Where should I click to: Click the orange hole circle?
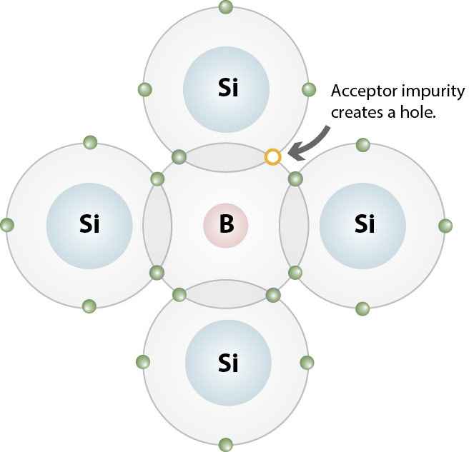(x=272, y=156)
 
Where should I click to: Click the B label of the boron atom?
(x=226, y=225)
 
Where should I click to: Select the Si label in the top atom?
(x=226, y=89)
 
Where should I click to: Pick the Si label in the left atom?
(x=89, y=225)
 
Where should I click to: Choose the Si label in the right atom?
(x=363, y=225)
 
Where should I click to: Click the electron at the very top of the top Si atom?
(x=226, y=8)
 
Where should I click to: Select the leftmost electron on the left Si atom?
(x=8, y=225)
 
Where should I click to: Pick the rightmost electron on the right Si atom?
(x=445, y=226)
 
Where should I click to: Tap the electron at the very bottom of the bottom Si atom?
(x=226, y=443)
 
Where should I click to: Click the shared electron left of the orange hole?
(x=179, y=156)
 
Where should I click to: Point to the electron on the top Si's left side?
(x=144, y=90)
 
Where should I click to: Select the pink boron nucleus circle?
(x=226, y=225)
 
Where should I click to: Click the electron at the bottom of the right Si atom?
(x=362, y=308)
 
